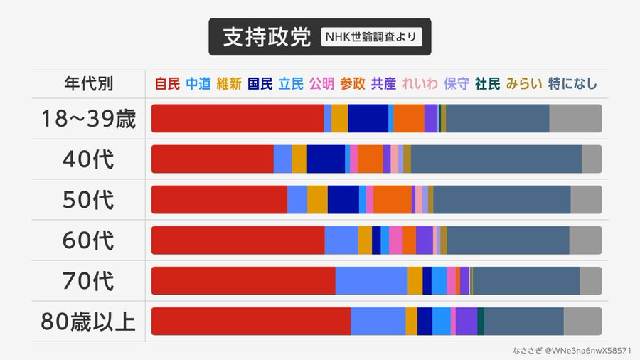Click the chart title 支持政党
click(267, 38)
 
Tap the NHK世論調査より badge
click(371, 37)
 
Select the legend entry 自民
click(167, 84)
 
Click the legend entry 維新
click(229, 84)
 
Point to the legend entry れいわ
click(420, 84)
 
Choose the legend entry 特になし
click(572, 84)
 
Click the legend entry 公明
click(321, 84)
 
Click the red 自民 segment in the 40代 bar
click(212, 159)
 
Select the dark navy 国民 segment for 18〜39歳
click(368, 118)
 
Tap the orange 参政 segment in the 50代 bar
click(392, 200)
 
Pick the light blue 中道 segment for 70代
click(371, 281)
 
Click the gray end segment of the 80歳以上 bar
click(582, 322)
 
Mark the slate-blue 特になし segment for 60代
click(508, 240)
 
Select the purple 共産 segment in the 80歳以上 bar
click(466, 322)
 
